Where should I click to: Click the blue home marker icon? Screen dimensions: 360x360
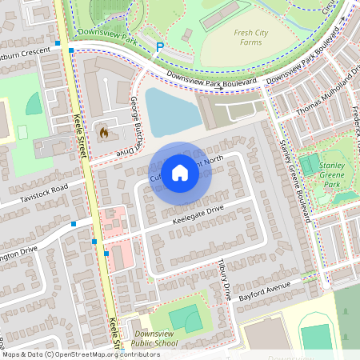pos(180,172)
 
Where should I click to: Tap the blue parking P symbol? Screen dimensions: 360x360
pos(160,47)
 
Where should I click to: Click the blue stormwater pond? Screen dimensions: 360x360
pos(171,112)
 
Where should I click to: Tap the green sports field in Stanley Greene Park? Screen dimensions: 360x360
pos(309,166)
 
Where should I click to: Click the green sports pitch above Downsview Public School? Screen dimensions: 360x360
pos(186,318)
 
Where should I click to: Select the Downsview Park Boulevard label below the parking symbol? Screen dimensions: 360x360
pos(211,78)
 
